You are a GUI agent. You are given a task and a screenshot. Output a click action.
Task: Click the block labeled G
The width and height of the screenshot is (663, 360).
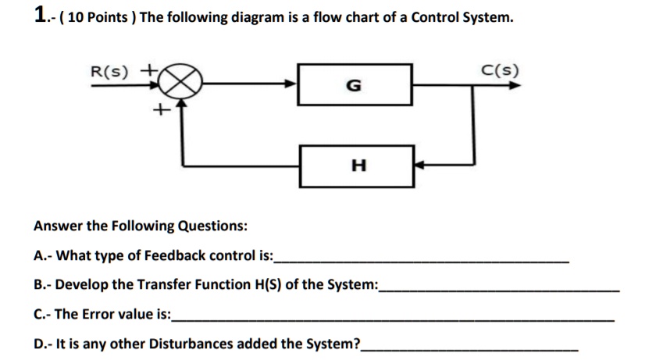point(355,85)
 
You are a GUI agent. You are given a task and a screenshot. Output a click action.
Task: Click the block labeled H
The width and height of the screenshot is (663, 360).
point(358,166)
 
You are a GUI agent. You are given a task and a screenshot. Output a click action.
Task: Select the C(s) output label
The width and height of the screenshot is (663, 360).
point(498,71)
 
